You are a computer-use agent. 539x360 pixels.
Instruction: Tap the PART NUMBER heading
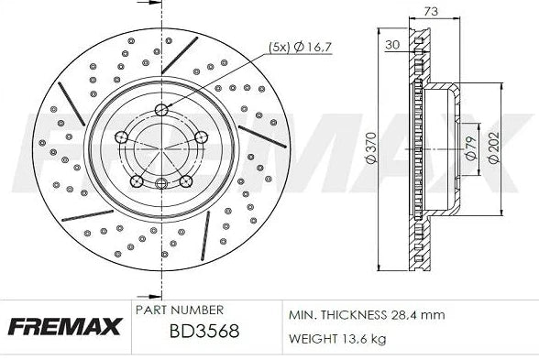tap(179, 311)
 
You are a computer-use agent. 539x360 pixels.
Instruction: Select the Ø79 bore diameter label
tap(470, 147)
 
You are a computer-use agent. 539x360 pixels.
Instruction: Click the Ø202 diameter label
tap(494, 147)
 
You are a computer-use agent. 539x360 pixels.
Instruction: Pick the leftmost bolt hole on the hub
tap(121, 137)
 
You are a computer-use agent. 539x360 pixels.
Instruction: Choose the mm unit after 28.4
tap(434, 315)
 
